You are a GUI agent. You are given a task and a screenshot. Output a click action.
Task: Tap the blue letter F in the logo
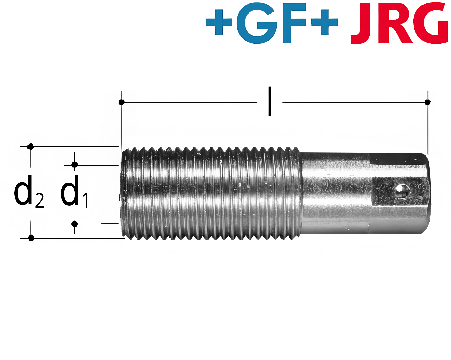click(294, 23)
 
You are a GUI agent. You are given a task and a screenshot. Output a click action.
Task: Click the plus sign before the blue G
click(219, 22)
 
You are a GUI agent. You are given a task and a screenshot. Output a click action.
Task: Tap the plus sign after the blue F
click(325, 22)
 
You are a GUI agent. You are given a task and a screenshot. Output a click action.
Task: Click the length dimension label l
click(270, 101)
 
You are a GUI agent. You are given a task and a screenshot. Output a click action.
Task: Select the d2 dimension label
click(29, 191)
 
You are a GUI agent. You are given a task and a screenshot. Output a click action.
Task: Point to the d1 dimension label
click(74, 191)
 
